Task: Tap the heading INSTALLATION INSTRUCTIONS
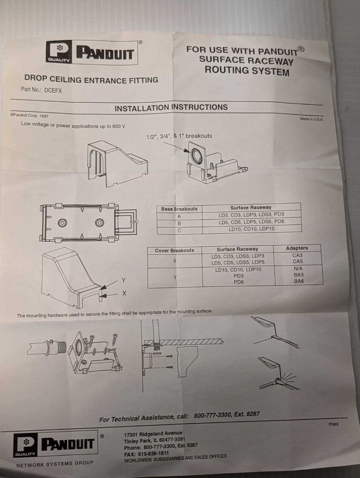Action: (x=171, y=108)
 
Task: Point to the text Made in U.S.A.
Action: (x=312, y=119)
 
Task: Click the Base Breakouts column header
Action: (x=179, y=209)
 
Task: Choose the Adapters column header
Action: (x=297, y=248)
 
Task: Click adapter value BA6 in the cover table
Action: (x=299, y=281)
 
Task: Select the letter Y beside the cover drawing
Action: (x=123, y=280)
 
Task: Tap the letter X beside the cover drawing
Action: (x=124, y=293)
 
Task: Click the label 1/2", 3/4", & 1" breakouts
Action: (x=179, y=136)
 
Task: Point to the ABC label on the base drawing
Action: (x=134, y=222)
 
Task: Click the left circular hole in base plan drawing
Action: (x=63, y=223)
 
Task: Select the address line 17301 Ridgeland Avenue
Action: (x=153, y=433)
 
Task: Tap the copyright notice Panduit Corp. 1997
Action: (x=29, y=116)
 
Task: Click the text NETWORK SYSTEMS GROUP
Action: (x=55, y=464)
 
